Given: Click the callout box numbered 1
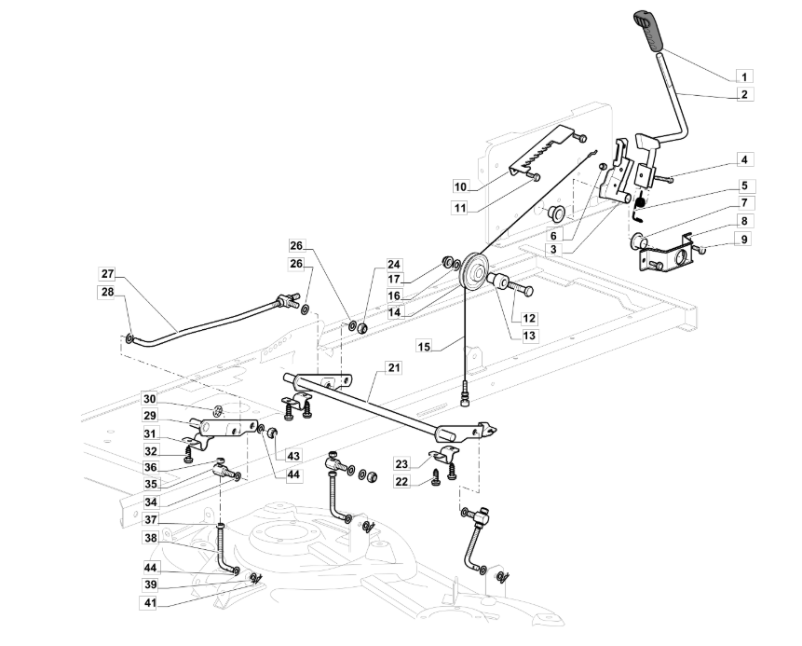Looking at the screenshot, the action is [744, 76].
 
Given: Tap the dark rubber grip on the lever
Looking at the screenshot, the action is [648, 30].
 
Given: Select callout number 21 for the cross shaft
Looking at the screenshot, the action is [394, 367].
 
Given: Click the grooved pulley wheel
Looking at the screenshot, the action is [475, 271].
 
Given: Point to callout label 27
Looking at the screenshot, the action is [107, 274].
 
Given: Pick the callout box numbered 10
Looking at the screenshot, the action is [460, 186].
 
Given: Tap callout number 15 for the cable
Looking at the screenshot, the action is [424, 347].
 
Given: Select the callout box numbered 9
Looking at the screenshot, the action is [744, 239].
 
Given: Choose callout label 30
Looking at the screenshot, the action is [149, 399].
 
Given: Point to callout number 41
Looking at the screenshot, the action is [149, 603].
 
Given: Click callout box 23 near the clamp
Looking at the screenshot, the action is [401, 464].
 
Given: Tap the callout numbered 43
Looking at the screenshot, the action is [293, 456].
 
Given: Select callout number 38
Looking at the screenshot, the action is [150, 538].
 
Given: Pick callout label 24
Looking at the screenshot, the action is [393, 265].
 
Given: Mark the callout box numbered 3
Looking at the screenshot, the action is [554, 251].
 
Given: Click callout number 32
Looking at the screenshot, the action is [150, 451].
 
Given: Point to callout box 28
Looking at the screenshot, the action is [107, 292].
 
